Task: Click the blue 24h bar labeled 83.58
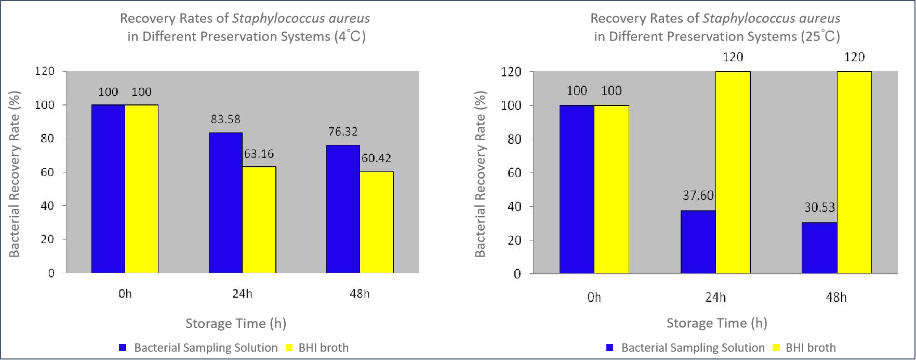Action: [x=225, y=203]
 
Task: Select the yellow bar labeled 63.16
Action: [x=259, y=220]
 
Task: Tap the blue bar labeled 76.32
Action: [x=343, y=209]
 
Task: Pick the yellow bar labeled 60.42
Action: [x=376, y=222]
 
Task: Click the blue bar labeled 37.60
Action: [x=698, y=242]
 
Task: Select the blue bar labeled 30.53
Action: [x=819, y=248]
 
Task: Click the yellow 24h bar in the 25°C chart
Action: [x=733, y=172]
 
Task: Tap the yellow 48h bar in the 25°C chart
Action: [x=854, y=172]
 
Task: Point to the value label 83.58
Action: [x=225, y=119]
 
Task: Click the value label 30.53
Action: [x=819, y=208]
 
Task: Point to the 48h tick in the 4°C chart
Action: [x=360, y=294]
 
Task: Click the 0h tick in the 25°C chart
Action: [x=594, y=298]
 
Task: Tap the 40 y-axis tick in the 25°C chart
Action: [x=514, y=207]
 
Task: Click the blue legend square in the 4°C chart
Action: [x=123, y=348]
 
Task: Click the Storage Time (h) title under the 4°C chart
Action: [x=235, y=324]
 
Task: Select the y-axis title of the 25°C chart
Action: [x=480, y=174]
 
